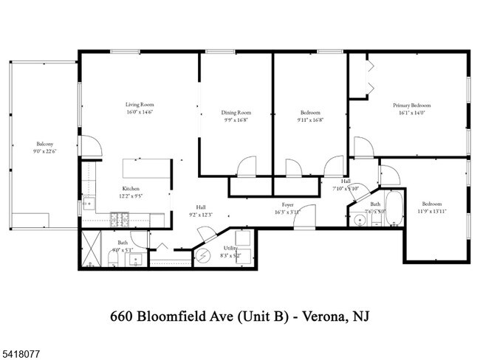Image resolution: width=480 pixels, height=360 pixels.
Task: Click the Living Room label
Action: (138, 105)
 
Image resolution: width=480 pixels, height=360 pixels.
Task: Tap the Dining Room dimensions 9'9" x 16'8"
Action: (236, 121)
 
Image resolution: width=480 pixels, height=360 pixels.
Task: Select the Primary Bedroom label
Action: (411, 105)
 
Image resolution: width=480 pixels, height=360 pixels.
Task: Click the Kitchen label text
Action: (131, 189)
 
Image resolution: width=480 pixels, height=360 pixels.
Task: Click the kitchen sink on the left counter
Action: (89, 201)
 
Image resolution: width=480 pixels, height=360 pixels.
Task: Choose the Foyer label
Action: (288, 204)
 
